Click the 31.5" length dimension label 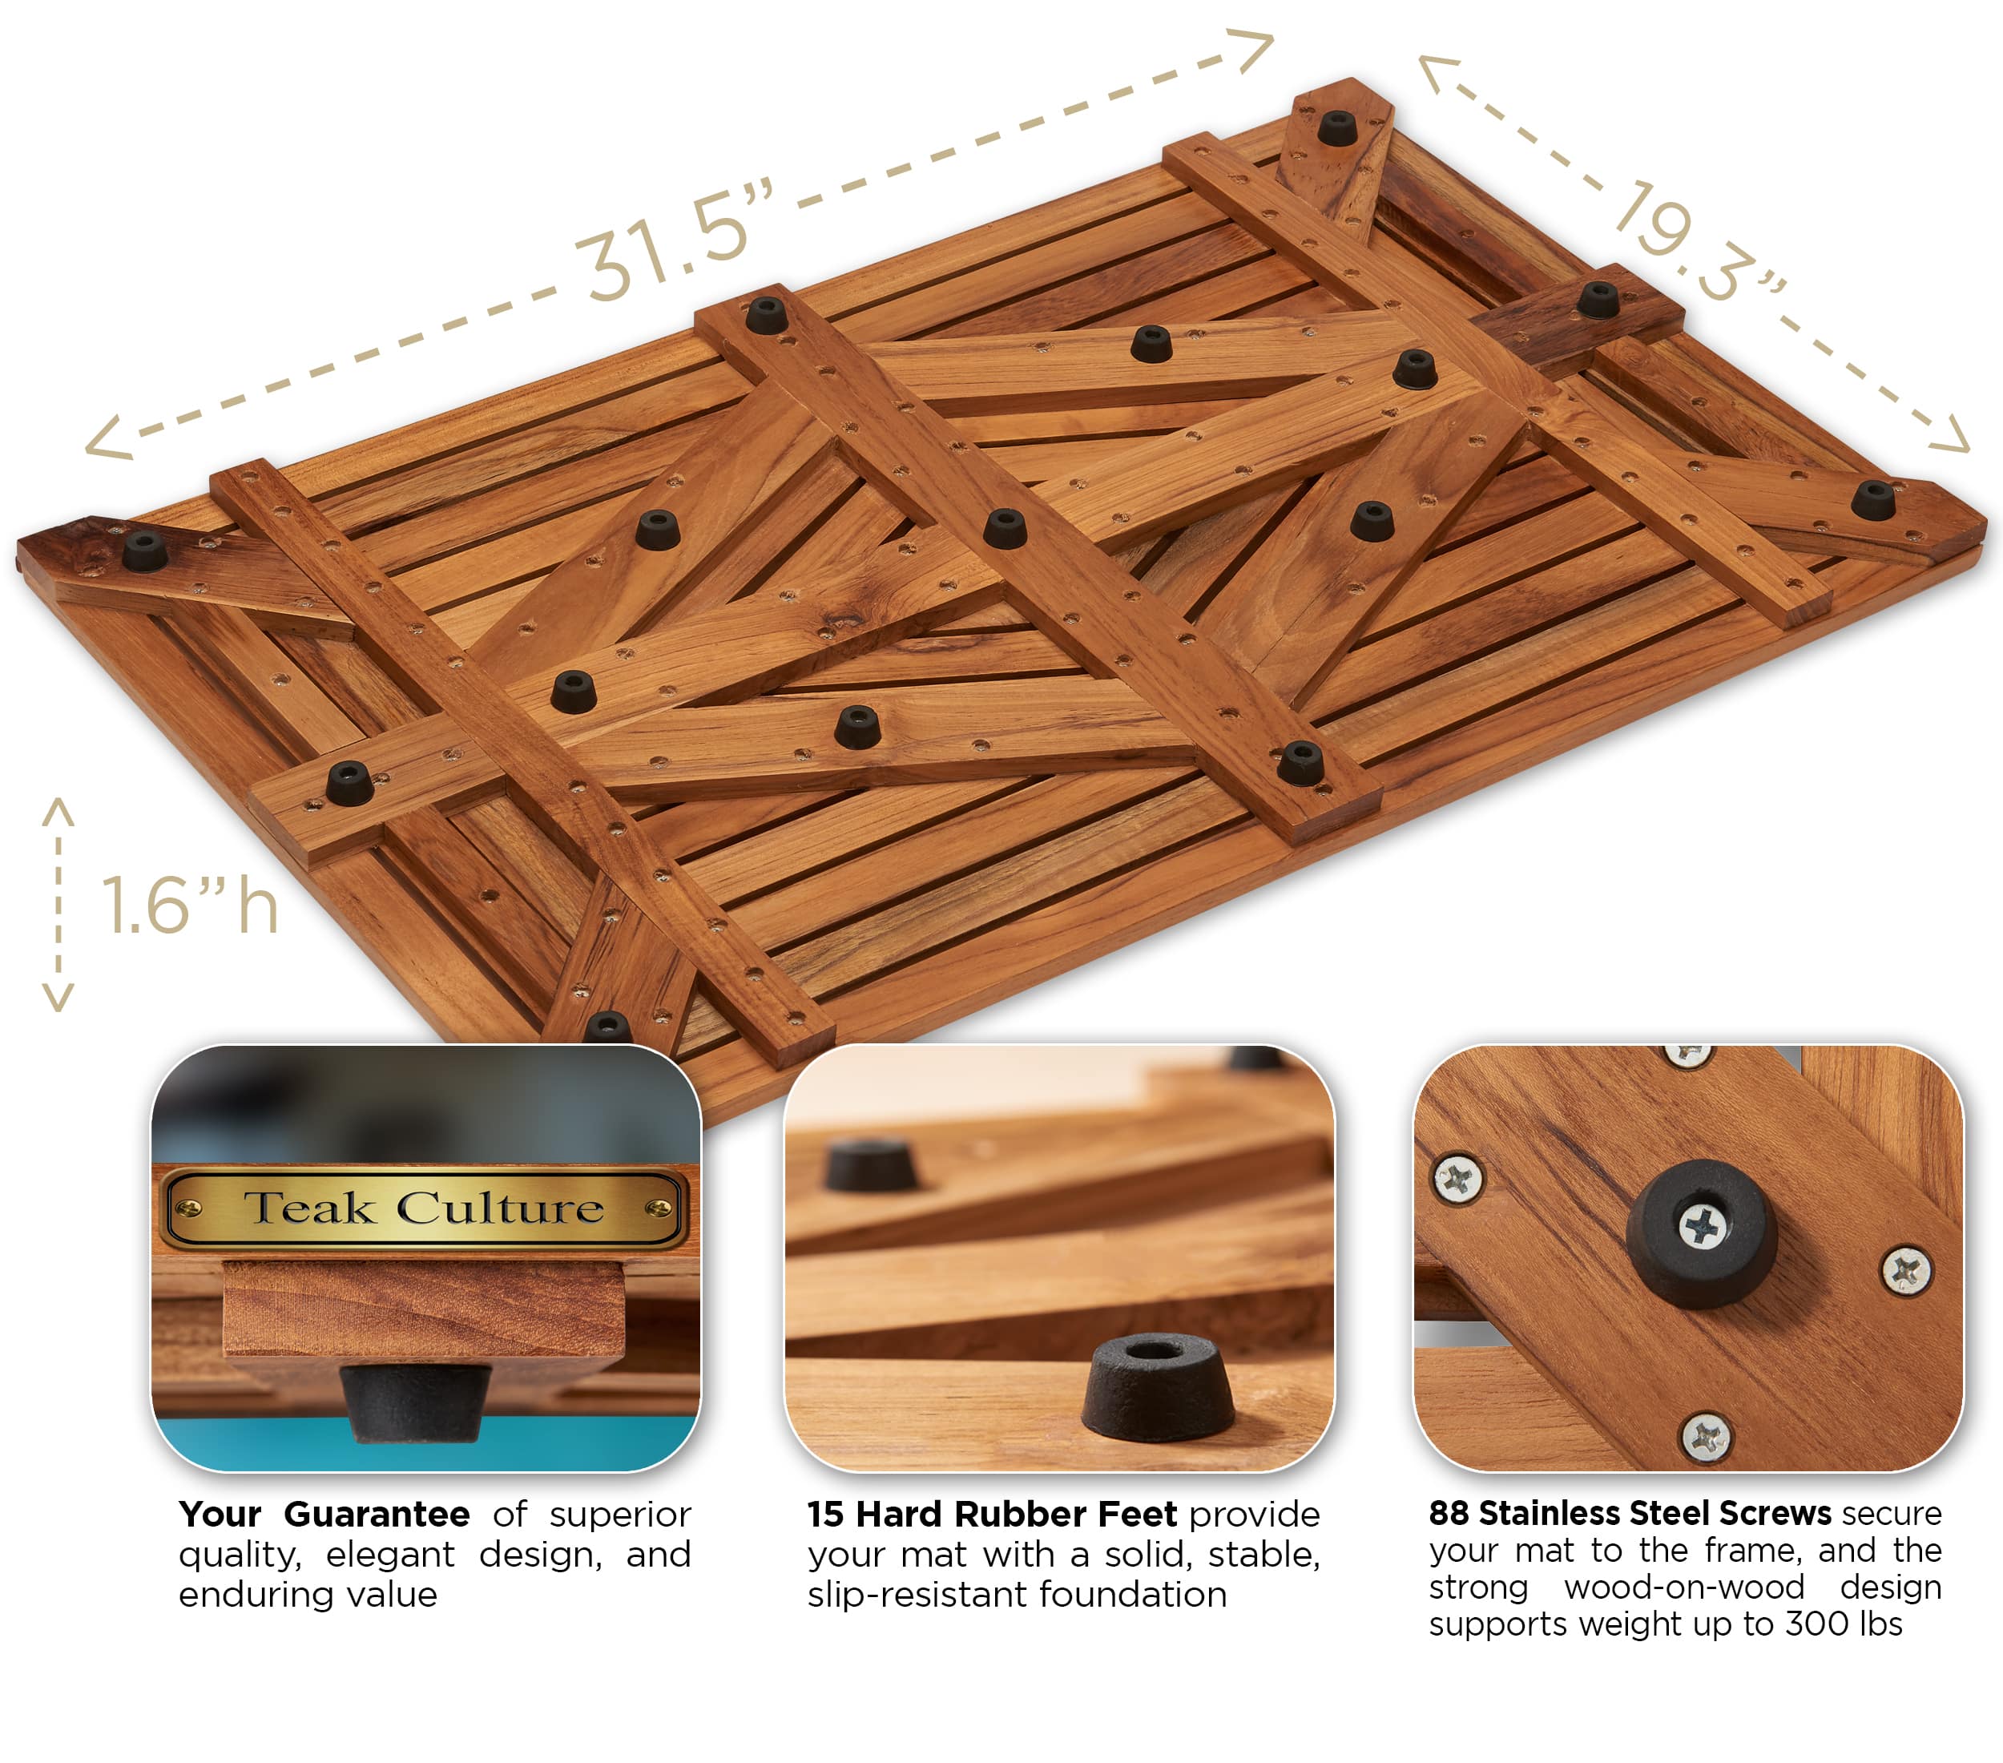[x=674, y=242]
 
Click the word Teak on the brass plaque [x=308, y=1208]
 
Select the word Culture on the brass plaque [x=500, y=1208]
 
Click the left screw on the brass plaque [x=189, y=1208]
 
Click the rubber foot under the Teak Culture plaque [x=416, y=1402]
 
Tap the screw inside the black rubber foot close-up [x=1703, y=1226]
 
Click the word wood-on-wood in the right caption [x=1683, y=1588]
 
